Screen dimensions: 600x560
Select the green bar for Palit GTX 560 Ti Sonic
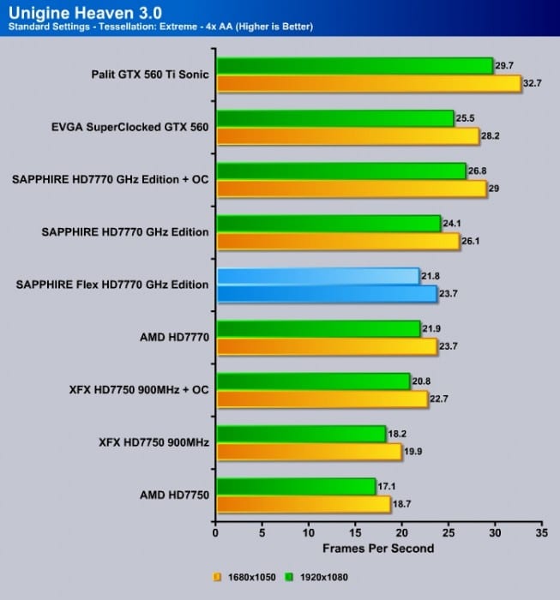point(354,66)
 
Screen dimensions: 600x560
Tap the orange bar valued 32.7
point(369,83)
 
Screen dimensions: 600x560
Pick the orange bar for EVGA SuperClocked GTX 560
point(347,136)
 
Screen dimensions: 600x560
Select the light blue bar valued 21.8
point(318,276)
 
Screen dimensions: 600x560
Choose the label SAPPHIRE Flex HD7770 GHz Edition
point(112,285)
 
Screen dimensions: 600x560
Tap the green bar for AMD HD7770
point(318,329)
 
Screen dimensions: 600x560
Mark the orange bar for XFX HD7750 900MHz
point(309,452)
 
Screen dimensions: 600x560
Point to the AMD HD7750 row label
point(168,495)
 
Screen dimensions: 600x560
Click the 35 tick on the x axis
point(539,533)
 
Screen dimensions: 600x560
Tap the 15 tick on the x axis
point(355,533)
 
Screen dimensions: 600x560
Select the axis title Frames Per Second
point(378,548)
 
